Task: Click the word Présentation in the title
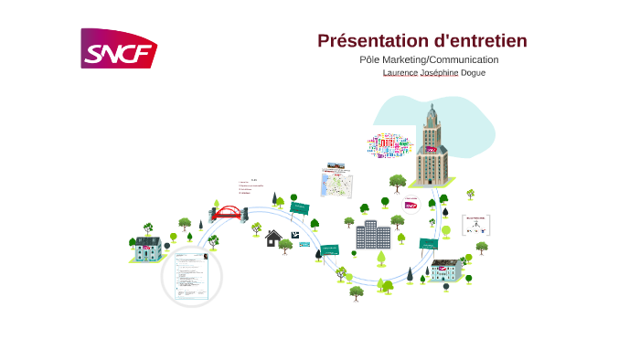click(371, 41)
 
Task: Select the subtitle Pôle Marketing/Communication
click(429, 59)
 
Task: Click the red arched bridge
click(228, 213)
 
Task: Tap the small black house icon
click(272, 238)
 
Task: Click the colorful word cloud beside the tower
click(390, 144)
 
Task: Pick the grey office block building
click(372, 235)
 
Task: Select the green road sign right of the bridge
click(299, 208)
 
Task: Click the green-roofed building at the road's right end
click(446, 270)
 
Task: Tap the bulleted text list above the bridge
click(250, 186)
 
